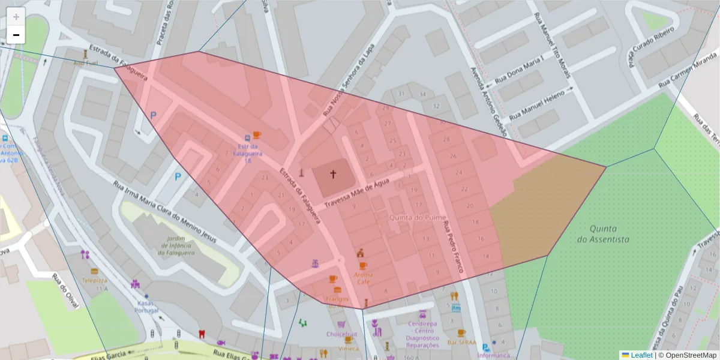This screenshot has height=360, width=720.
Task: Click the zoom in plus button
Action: tap(16, 17)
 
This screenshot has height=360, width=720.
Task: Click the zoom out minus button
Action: tap(16, 35)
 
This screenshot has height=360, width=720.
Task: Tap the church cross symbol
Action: tap(333, 175)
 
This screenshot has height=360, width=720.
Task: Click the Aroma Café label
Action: tap(363, 278)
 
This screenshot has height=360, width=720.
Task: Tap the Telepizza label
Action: tap(94, 280)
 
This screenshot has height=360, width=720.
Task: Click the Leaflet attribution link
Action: tap(641, 355)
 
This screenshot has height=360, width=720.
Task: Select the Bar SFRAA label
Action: tap(461, 343)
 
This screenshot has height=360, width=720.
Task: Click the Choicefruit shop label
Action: tap(342, 334)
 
